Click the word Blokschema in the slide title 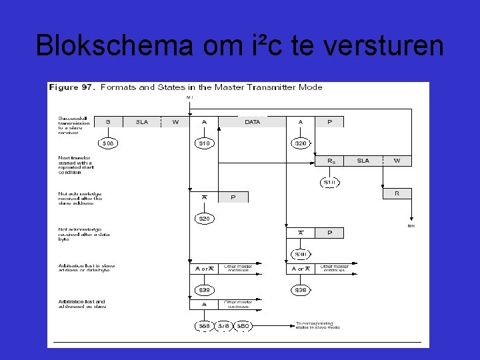(x=110, y=45)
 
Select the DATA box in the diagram (x=253, y=122)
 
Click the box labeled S (x=108, y=122)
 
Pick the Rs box (x=331, y=161)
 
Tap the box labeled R (x=397, y=193)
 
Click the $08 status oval (x=107, y=143)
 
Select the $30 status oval (x=301, y=254)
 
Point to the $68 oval (x=204, y=326)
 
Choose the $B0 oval (x=244, y=326)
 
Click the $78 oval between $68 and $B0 (x=224, y=326)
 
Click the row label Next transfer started (x=75, y=165)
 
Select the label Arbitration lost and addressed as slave (x=81, y=304)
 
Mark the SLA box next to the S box (x=142, y=122)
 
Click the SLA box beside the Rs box (x=363, y=161)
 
